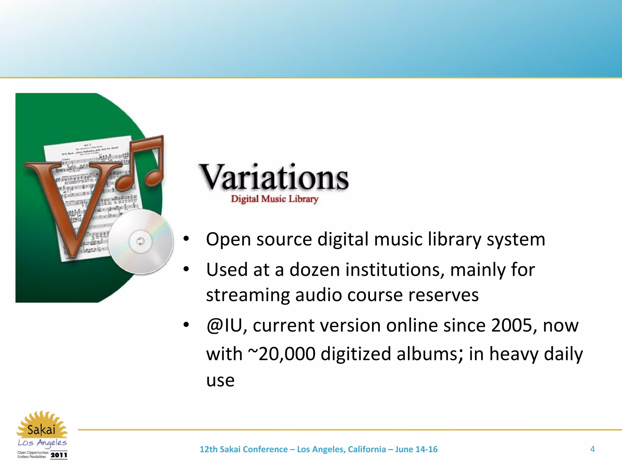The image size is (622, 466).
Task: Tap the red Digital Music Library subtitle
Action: click(274, 199)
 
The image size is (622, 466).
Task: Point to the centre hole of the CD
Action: click(140, 241)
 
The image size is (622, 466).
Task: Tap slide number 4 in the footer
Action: click(592, 449)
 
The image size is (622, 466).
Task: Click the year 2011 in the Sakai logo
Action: click(59, 455)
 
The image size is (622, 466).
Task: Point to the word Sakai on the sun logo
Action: click(41, 430)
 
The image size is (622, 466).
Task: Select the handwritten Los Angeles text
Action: click(42, 443)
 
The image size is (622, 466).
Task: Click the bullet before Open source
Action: click(186, 239)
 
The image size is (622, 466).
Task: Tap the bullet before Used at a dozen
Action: click(186, 269)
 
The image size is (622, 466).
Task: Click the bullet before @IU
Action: click(186, 325)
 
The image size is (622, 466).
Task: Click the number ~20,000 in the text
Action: click(282, 354)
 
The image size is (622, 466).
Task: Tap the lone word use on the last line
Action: click(220, 381)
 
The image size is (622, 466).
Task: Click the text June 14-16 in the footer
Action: click(416, 449)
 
